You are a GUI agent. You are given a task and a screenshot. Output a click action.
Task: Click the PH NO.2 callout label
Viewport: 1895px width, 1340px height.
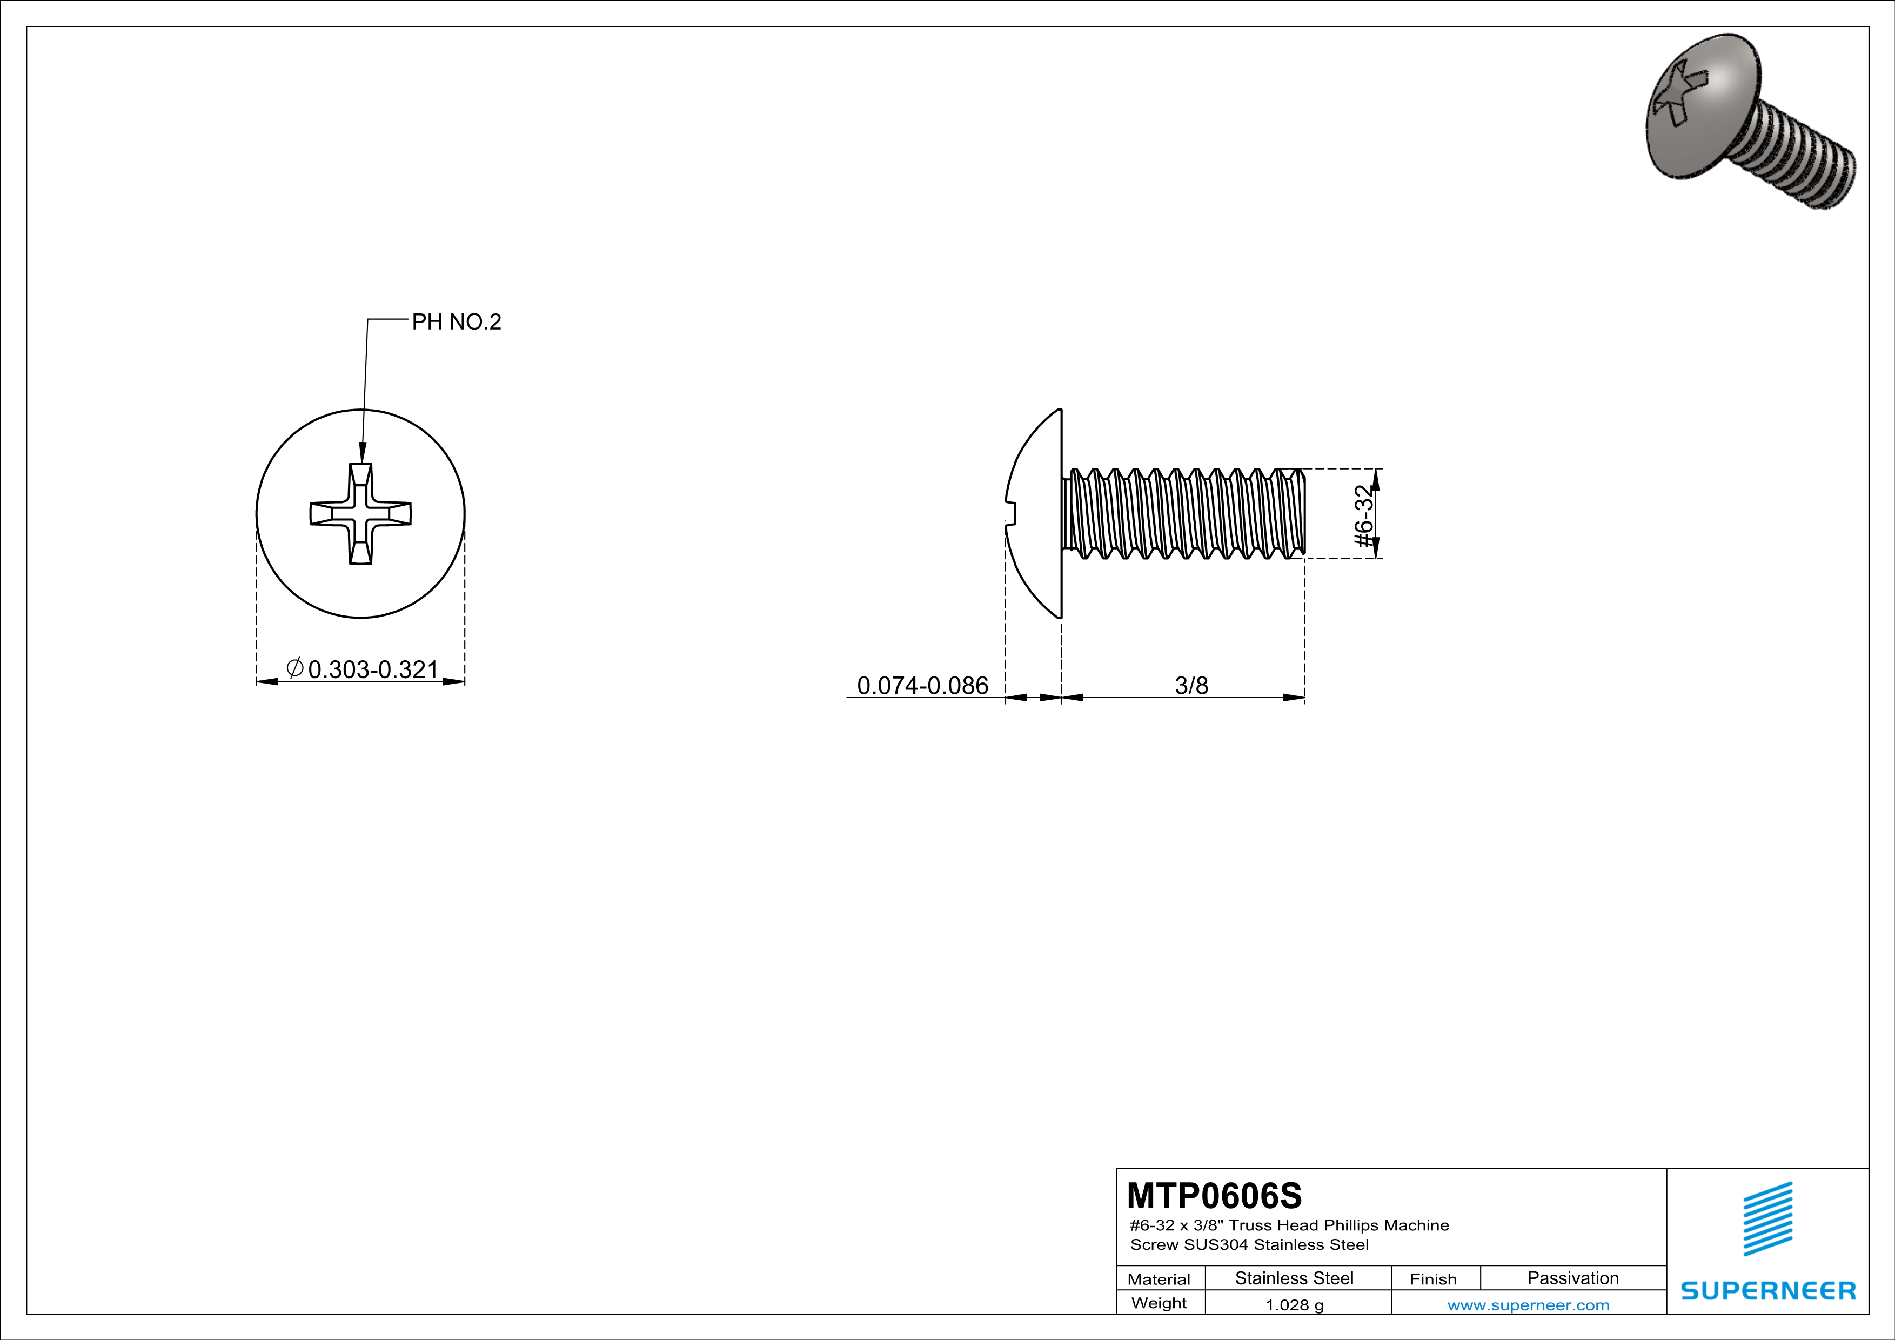457,322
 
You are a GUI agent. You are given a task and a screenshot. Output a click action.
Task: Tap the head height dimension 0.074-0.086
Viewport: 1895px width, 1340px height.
922,686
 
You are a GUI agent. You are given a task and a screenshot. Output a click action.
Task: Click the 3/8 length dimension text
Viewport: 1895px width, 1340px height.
1191,686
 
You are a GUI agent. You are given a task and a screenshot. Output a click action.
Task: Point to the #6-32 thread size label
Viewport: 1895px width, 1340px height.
1365,517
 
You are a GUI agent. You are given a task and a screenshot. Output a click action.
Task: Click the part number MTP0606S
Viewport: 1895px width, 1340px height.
1214,1196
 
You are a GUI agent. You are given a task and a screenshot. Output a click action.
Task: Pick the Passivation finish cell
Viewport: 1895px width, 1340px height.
1572,1278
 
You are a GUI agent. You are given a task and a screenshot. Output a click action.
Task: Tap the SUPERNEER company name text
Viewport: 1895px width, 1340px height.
1768,1290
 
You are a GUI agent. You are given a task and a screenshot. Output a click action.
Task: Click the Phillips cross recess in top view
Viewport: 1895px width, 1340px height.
360,513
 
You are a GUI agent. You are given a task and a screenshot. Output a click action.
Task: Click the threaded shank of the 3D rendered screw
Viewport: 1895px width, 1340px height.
1799,161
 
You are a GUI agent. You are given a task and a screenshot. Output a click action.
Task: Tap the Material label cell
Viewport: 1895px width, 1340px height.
1159,1279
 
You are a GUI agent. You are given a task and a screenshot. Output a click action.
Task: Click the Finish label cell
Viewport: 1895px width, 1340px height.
1433,1279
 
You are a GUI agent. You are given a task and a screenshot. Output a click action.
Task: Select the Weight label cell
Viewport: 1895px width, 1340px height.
1159,1303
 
